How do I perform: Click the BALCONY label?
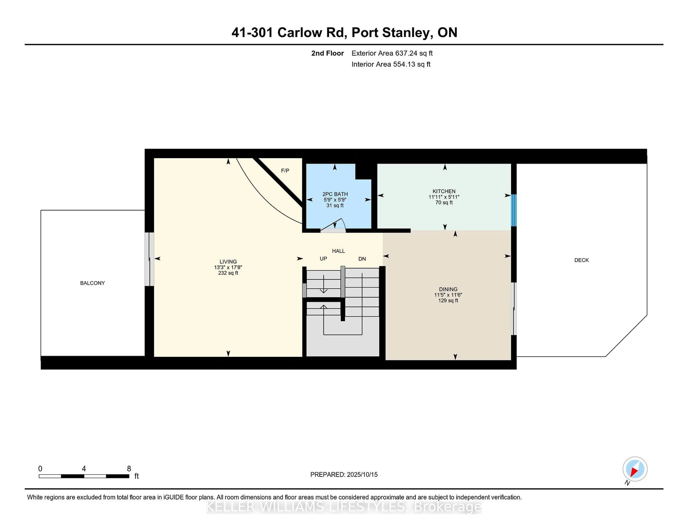tap(92, 283)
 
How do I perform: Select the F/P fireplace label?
tap(285, 170)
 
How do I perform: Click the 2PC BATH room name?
tap(335, 194)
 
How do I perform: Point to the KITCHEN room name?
tap(444, 191)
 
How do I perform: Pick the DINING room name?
tap(448, 289)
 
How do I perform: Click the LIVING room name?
tap(228, 262)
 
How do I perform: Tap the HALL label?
tap(338, 251)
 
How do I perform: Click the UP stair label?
tap(323, 259)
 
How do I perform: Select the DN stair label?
tap(362, 259)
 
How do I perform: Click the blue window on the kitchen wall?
tap(513, 210)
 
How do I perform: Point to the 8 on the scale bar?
tap(129, 469)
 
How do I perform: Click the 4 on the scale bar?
tap(84, 469)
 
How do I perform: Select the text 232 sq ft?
tap(228, 273)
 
